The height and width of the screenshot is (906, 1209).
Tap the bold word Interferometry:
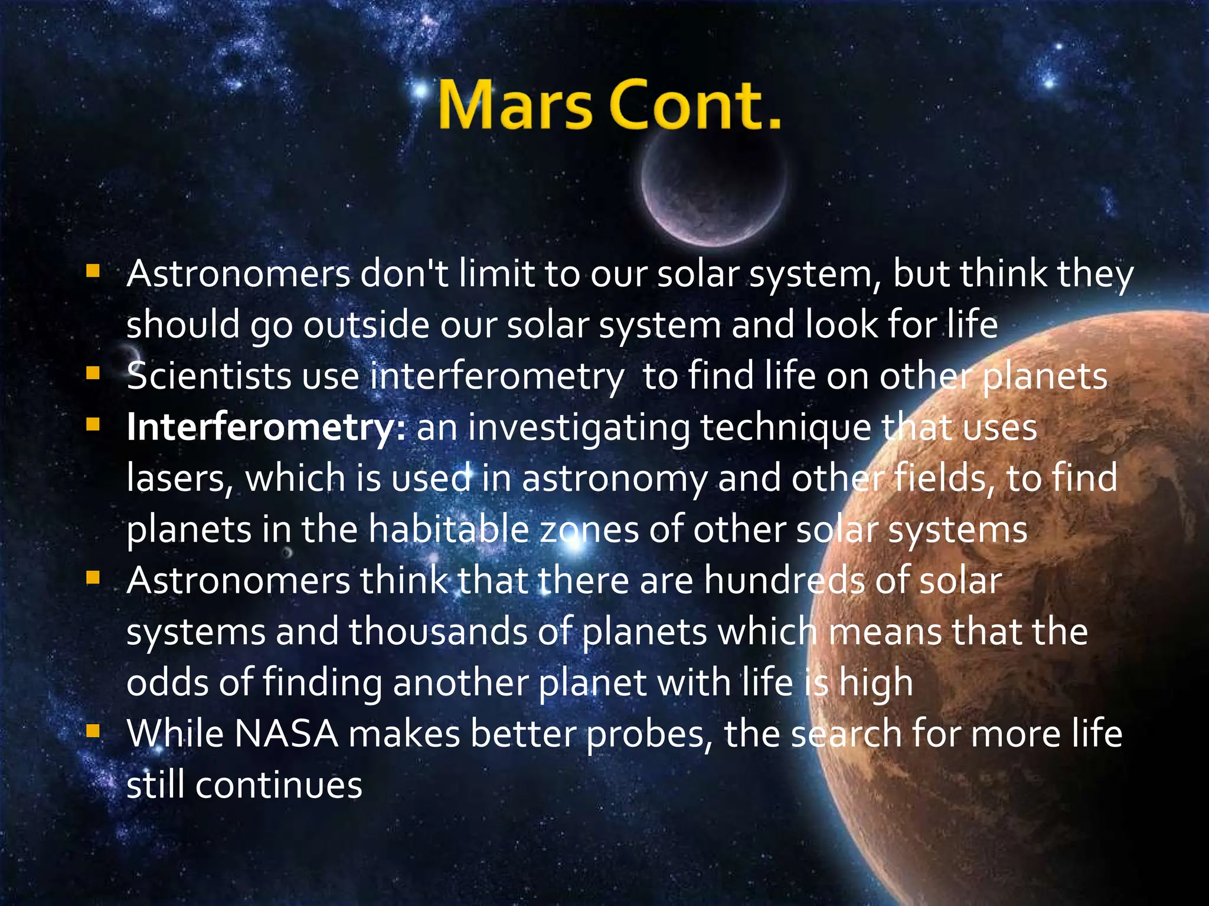point(266,427)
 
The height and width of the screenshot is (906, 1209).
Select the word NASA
point(286,734)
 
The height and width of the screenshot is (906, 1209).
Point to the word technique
point(786,428)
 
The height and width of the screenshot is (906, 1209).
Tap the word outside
point(366,325)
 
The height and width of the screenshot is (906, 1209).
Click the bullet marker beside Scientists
point(93,373)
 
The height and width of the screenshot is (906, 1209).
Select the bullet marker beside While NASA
point(93,731)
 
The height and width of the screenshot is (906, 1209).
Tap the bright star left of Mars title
point(421,92)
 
